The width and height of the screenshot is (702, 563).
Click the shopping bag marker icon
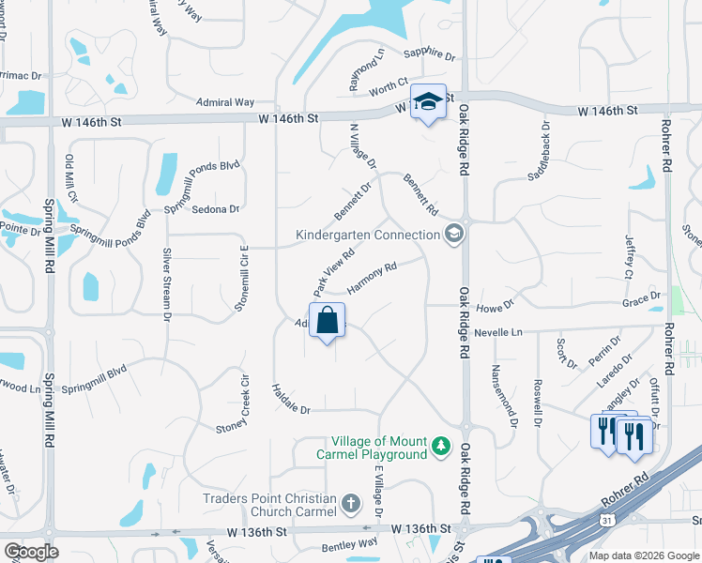[327, 321]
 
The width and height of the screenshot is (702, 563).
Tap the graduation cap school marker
[428, 101]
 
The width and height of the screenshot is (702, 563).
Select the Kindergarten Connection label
[367, 234]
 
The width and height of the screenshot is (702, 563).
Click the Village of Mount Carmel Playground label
[379, 448]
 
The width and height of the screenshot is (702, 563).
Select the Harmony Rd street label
[372, 276]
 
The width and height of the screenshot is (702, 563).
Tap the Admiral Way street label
[225, 101]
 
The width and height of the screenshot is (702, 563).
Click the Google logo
[31, 552]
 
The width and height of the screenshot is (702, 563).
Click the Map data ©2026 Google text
[643, 555]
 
